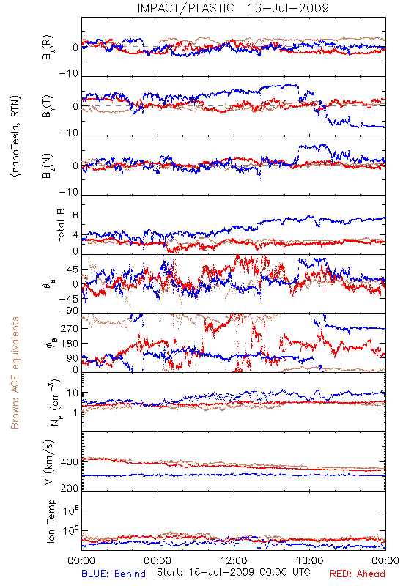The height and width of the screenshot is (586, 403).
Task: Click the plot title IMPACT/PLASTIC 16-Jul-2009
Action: click(233, 8)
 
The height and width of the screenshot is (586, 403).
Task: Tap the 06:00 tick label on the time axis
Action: click(158, 560)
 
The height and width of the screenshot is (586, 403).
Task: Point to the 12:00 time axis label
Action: click(234, 560)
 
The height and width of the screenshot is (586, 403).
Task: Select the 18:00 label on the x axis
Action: click(310, 560)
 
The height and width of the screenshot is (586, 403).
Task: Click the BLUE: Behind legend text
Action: click(114, 574)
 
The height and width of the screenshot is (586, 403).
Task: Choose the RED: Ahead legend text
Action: click(357, 574)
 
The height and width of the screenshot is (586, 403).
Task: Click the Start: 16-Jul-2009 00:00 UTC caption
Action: click(233, 572)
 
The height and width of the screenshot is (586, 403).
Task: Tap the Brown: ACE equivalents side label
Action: click(15, 373)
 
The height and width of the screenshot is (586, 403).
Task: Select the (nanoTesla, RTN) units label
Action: click(15, 136)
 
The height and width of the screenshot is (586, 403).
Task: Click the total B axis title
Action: click(61, 225)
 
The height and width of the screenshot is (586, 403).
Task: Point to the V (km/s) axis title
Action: click(49, 462)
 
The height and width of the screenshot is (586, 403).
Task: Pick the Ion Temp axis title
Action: click(51, 521)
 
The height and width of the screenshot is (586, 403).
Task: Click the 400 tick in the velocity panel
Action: click(70, 462)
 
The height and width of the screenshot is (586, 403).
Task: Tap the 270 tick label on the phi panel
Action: click(70, 328)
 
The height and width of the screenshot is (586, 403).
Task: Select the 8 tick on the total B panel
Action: click(75, 215)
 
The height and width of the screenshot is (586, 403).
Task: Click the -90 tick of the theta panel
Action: click(68, 311)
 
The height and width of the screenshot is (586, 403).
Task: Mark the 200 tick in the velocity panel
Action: click(70, 488)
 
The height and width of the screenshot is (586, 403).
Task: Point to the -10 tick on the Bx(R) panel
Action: click(68, 74)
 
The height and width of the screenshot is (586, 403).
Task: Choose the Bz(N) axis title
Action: click(48, 166)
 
